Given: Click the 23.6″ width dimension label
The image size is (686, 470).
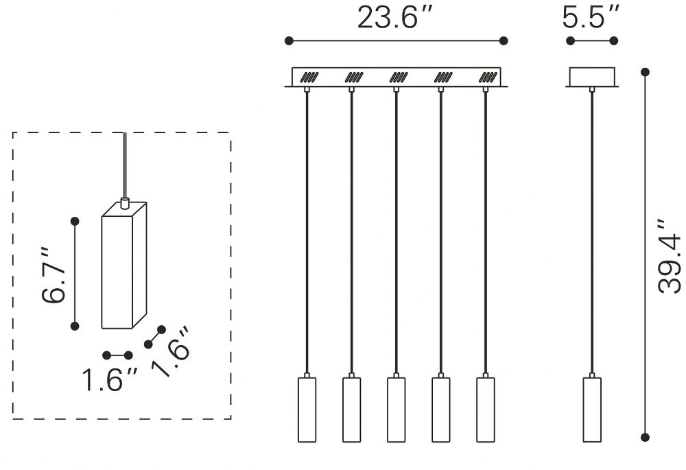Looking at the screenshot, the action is pos(394,18).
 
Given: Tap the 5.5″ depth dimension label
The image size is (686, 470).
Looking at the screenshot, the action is pos(591,18).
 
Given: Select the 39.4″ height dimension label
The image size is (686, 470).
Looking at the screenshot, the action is pos(670,257).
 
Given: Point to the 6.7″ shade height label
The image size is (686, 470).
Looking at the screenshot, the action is pos(54,276).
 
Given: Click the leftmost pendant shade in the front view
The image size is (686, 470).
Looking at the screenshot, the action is pos(307,410).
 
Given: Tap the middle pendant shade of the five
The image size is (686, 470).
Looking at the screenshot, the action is pos(396,410).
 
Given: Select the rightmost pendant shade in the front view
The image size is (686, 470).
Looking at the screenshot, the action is pos(486,410).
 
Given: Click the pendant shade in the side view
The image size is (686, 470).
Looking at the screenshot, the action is pos(592,410).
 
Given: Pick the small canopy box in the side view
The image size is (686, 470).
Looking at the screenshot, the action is pos(592,77).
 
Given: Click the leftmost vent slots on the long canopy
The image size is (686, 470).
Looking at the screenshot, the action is pos(309,78).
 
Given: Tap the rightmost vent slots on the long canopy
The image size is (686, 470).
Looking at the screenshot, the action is pos(488,78).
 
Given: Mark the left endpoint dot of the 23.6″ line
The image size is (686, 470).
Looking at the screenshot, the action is pos(289,40).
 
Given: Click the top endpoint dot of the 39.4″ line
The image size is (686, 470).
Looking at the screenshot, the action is pos(645,72).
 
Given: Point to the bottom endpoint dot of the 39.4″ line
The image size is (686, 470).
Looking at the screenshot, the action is pos(645,437).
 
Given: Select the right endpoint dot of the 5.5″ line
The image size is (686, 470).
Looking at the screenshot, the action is pos(614,40).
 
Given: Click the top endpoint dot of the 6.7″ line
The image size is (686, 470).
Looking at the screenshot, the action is pos(75,222).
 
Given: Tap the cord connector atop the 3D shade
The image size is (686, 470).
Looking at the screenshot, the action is pos(125,203).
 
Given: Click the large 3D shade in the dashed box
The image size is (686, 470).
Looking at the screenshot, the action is pos(123,266).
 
